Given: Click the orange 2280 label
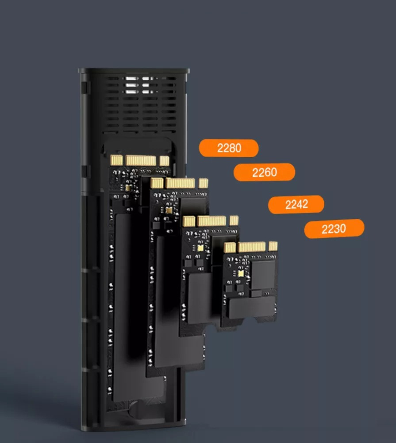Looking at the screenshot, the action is [229, 148].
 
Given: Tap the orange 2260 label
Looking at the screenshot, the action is [265, 172].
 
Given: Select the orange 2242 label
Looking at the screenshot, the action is [296, 204].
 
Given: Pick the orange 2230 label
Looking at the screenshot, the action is [334, 229].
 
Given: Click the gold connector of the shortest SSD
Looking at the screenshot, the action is [250, 247].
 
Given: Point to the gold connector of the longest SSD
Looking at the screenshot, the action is [140, 160].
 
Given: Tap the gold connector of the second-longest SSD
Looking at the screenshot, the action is [179, 183].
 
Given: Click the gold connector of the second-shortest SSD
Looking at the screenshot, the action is [211, 221].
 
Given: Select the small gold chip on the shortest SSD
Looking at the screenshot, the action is [241, 273].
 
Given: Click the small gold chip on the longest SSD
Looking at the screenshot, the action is [128, 188].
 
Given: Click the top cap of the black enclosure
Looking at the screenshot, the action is [134, 70].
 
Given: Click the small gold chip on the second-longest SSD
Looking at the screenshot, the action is [169, 210].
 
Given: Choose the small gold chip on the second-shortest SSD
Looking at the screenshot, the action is [200, 248].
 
